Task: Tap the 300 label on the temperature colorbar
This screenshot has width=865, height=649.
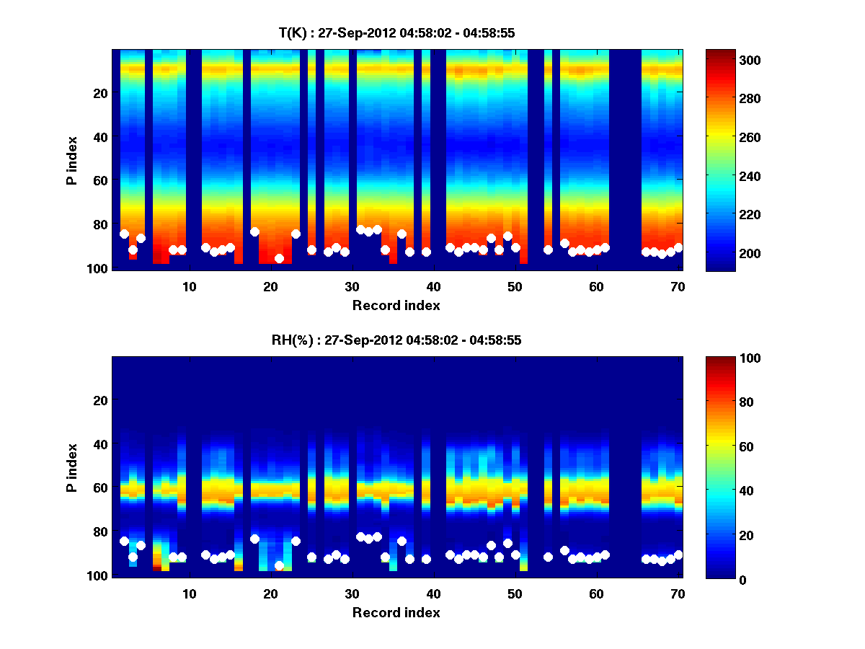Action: pyautogui.click(x=732, y=60)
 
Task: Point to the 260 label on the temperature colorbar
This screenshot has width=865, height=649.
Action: pyautogui.click(x=732, y=138)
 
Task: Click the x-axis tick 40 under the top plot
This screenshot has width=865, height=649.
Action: pyautogui.click(x=433, y=286)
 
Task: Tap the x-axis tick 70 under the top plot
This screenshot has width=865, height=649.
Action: pyautogui.click(x=678, y=286)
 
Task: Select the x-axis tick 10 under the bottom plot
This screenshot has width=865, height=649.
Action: pyautogui.click(x=189, y=593)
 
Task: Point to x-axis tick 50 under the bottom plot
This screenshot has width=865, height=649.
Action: pyautogui.click(x=515, y=593)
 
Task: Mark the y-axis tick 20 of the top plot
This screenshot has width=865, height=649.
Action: pyautogui.click(x=100, y=93)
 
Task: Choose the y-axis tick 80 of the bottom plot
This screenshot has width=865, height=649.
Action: pyautogui.click(x=100, y=532)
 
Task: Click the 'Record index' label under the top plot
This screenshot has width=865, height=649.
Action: pyautogui.click(x=396, y=305)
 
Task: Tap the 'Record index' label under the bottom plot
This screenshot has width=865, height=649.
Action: pyautogui.click(x=396, y=612)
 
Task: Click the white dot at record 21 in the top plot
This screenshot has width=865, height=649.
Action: pyautogui.click(x=279, y=258)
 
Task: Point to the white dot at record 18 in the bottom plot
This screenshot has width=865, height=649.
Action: pyautogui.click(x=254, y=539)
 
